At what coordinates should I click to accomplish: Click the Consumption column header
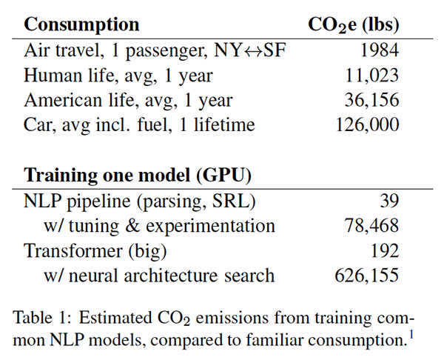(81, 24)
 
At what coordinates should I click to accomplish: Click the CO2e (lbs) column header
(353, 24)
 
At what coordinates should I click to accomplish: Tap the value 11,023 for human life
(370, 76)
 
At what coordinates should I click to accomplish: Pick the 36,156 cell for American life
(370, 100)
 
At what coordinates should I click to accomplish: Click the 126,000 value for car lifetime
(365, 124)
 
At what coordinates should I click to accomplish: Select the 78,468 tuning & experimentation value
(370, 226)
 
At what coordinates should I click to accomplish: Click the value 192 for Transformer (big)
(384, 250)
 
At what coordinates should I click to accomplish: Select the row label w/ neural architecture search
(158, 276)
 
